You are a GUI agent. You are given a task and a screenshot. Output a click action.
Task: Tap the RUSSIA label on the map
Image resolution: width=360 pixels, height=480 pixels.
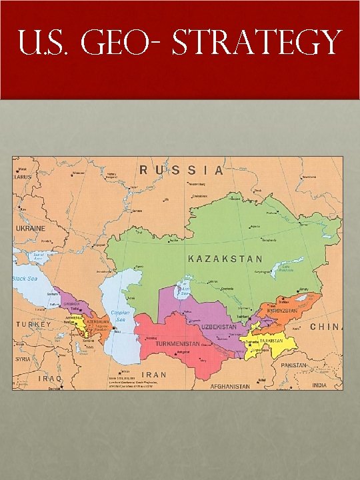[x=181, y=170]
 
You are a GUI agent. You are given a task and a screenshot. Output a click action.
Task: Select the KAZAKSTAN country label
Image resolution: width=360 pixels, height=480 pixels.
[x=225, y=259]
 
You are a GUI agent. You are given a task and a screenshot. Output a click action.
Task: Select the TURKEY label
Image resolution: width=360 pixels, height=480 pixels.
[x=33, y=324]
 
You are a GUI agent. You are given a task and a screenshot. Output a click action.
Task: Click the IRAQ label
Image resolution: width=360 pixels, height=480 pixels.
[x=51, y=378]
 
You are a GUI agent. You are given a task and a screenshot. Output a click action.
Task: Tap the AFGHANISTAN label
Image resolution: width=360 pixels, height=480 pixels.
[x=230, y=386]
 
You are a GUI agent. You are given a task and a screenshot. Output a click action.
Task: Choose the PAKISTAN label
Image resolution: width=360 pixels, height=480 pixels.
[x=294, y=365]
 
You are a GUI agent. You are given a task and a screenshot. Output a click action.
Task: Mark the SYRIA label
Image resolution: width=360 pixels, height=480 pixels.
[x=23, y=358]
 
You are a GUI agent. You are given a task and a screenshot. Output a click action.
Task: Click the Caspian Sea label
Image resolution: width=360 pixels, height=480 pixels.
[x=121, y=316]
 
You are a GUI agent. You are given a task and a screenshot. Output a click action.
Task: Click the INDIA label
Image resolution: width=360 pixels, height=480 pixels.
[x=321, y=385]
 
